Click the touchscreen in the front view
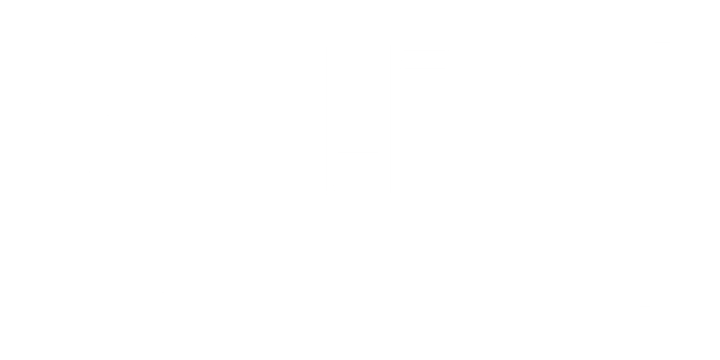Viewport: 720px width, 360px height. [x=358, y=109]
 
